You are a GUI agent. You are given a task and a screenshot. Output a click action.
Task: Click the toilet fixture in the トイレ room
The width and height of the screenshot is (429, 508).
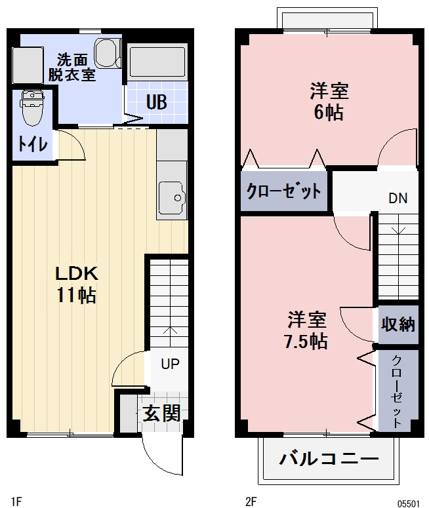click(30, 109)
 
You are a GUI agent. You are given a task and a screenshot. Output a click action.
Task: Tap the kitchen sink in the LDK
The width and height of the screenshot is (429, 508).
click(173, 194)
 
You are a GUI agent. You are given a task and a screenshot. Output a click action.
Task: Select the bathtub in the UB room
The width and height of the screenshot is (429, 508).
click(157, 63)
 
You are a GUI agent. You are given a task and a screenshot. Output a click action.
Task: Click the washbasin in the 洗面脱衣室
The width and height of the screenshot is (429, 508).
click(105, 52)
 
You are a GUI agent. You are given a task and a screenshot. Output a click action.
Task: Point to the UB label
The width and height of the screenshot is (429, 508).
click(155, 103)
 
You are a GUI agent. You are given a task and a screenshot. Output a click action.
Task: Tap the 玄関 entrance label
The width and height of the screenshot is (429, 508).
click(161, 413)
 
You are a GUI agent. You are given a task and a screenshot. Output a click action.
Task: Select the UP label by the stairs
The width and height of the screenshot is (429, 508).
click(170, 363)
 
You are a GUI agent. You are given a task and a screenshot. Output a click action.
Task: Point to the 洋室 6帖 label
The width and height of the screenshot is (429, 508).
click(328, 101)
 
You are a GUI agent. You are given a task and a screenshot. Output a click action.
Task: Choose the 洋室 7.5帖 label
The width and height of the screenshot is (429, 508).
click(307, 330)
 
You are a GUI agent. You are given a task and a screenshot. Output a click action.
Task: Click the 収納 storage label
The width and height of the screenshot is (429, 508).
click(398, 324)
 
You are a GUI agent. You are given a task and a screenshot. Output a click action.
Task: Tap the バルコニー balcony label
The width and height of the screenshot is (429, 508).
click(329, 458)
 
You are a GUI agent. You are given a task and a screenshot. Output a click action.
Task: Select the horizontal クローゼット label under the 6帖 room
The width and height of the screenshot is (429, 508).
click(283, 191)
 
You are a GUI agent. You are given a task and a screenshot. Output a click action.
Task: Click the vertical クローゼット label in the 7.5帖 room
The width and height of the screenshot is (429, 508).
click(398, 392)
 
